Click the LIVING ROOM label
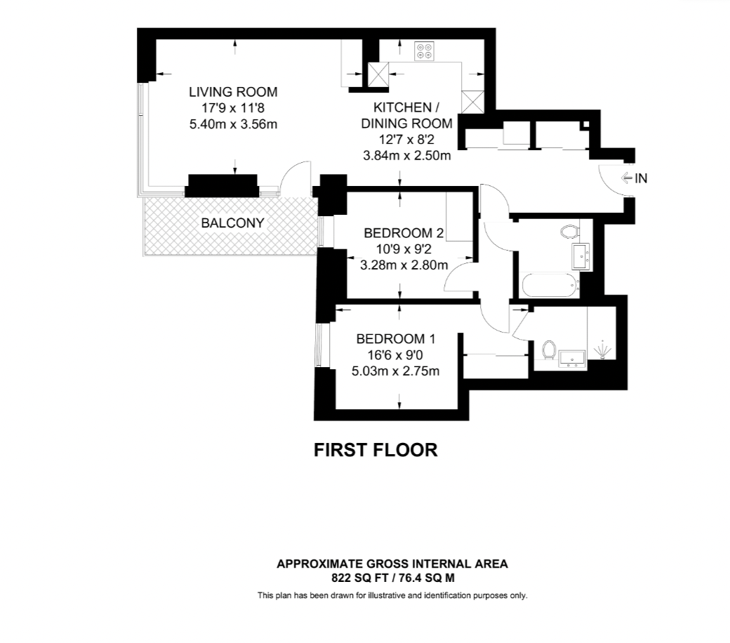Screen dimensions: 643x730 (233, 92)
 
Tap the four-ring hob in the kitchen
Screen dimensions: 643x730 (423, 51)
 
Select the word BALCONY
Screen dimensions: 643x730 (232, 223)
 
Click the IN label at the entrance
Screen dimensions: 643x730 (640, 178)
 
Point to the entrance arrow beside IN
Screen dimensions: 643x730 (627, 178)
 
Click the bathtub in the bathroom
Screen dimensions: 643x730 (549, 285)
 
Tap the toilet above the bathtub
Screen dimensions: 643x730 (570, 231)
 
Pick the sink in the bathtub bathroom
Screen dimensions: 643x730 (581, 257)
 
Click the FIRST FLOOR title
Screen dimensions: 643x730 (376, 450)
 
